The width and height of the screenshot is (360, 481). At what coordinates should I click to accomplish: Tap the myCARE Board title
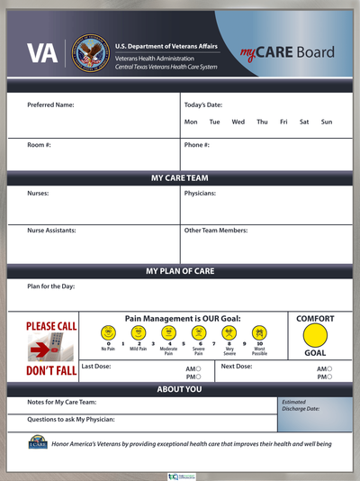(x=280, y=53)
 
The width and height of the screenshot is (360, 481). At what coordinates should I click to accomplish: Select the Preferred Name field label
(x=50, y=105)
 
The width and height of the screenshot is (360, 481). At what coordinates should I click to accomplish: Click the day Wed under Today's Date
(x=238, y=122)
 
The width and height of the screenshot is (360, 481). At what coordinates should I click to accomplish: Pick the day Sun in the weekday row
(x=326, y=122)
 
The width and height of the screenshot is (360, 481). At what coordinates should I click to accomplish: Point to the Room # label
(x=40, y=144)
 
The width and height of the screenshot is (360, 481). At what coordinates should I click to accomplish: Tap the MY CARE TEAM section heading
(x=180, y=178)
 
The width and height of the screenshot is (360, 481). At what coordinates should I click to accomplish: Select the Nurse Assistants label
(x=51, y=231)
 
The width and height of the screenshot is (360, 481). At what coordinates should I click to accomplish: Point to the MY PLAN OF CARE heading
(x=180, y=270)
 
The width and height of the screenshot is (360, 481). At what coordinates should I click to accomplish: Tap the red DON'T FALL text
(x=51, y=370)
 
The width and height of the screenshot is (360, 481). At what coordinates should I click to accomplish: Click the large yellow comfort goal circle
(x=315, y=335)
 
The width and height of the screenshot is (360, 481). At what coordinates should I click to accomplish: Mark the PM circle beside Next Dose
(x=330, y=377)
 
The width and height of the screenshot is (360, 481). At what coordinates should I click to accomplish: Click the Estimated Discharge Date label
(x=299, y=407)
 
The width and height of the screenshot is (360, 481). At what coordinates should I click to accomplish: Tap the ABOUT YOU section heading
(x=180, y=389)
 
